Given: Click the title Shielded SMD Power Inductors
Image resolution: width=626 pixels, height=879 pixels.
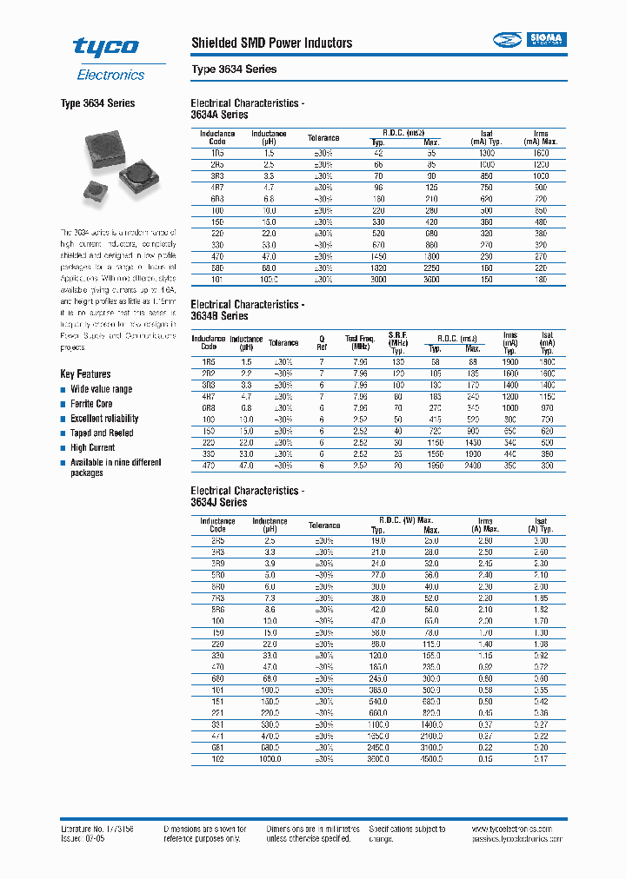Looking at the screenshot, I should pyautogui.click(x=271, y=43).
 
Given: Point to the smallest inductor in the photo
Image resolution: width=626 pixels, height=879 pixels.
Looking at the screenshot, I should pyautogui.click(x=92, y=188).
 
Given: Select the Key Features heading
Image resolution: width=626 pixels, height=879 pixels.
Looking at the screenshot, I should pyautogui.click(x=85, y=373).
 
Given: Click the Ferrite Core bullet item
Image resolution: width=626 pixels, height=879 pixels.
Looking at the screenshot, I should pyautogui.click(x=91, y=404).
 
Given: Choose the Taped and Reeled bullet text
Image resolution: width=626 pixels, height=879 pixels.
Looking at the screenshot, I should pyautogui.click(x=102, y=433).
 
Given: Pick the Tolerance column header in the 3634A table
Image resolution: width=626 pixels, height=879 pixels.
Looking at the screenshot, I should pyautogui.click(x=323, y=137).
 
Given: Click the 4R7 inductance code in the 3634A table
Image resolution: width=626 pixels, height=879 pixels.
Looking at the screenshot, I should pyautogui.click(x=217, y=187).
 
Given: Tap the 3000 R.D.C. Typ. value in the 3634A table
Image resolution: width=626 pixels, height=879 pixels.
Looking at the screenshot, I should pyautogui.click(x=378, y=280).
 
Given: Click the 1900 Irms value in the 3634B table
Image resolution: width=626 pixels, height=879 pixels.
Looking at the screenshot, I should pyautogui.click(x=510, y=360).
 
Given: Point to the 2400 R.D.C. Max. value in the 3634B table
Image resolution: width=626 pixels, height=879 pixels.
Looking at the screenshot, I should pyautogui.click(x=471, y=466).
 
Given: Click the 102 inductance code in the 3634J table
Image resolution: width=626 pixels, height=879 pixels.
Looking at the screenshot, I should pyautogui.click(x=217, y=758).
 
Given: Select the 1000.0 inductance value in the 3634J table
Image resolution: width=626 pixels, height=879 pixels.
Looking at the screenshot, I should pyautogui.click(x=269, y=758).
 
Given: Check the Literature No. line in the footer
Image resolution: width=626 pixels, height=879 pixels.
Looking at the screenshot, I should pyautogui.click(x=97, y=829).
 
